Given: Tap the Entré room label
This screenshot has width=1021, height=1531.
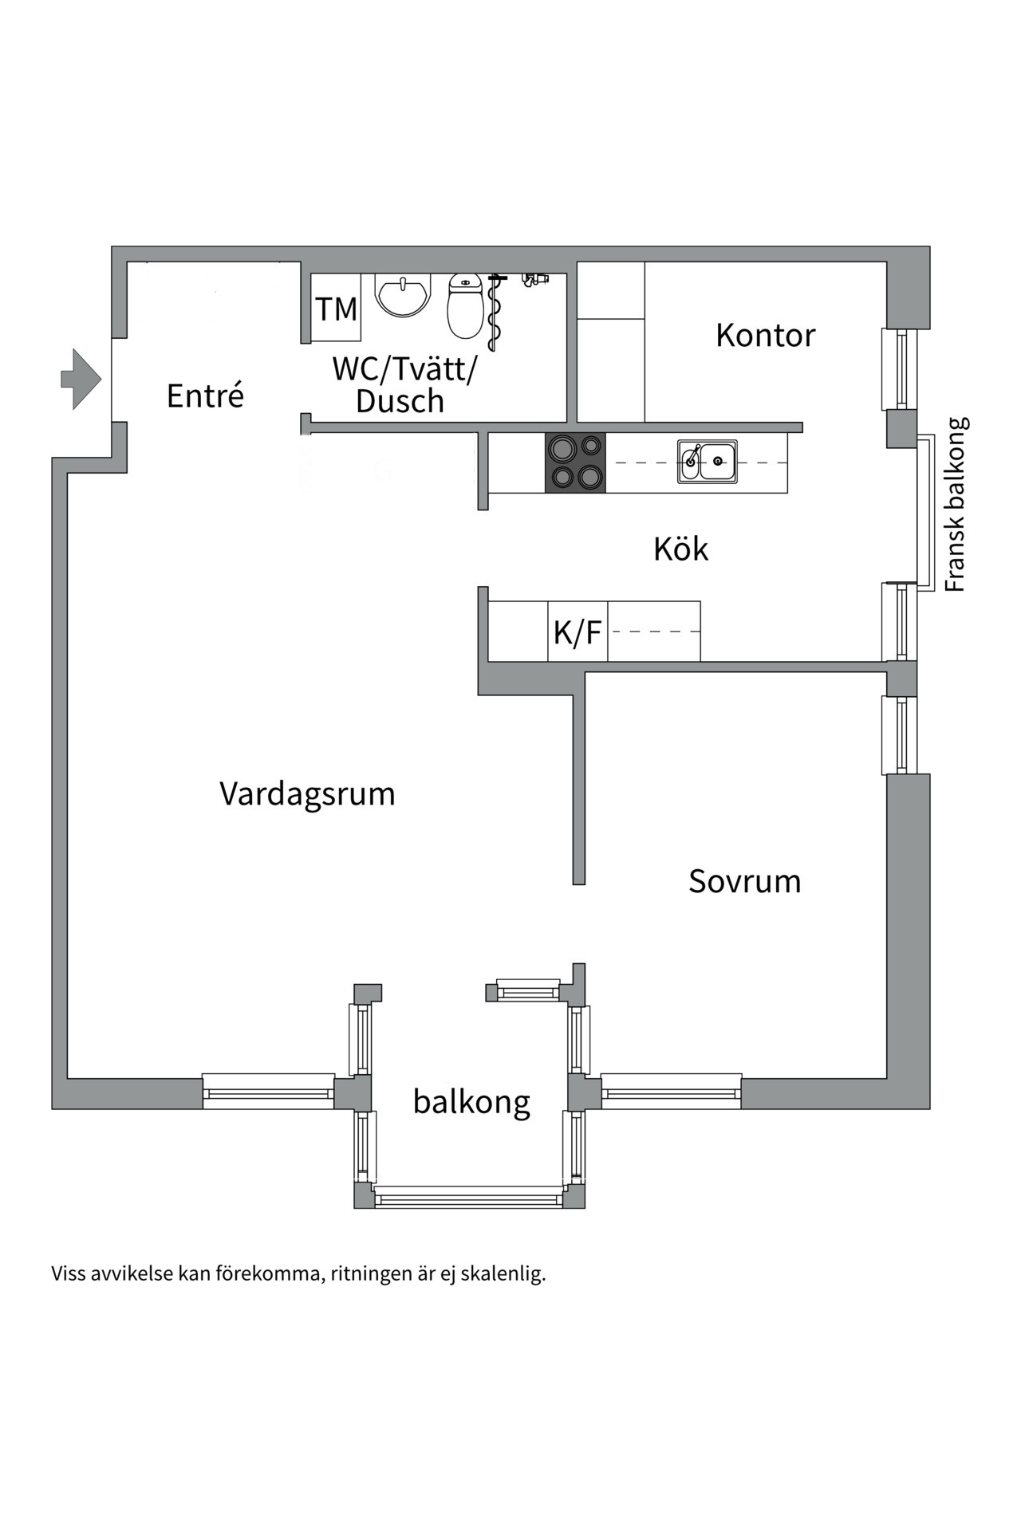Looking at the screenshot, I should click(x=205, y=396).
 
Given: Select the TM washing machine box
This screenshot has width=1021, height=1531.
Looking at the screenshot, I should click(x=336, y=309).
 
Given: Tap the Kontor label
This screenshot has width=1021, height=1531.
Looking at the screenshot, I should click(x=765, y=336).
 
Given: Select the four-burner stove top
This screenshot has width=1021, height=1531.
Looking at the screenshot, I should click(x=575, y=462).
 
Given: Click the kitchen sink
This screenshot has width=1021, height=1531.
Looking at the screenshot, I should click(x=708, y=462).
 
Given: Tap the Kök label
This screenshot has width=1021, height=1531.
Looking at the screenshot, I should click(x=680, y=549).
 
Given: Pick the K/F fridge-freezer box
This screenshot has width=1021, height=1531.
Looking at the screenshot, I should click(x=578, y=632).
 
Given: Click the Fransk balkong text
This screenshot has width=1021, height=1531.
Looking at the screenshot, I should click(x=955, y=504).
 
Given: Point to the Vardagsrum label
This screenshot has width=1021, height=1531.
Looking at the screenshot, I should click(x=307, y=794).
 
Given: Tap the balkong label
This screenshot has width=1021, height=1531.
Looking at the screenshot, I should click(x=471, y=1102).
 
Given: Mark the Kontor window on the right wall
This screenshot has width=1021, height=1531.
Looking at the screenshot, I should click(x=900, y=369).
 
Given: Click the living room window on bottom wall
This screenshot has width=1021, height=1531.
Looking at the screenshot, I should click(x=268, y=1091).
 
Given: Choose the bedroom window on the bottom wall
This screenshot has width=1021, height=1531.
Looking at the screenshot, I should click(x=671, y=1091).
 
